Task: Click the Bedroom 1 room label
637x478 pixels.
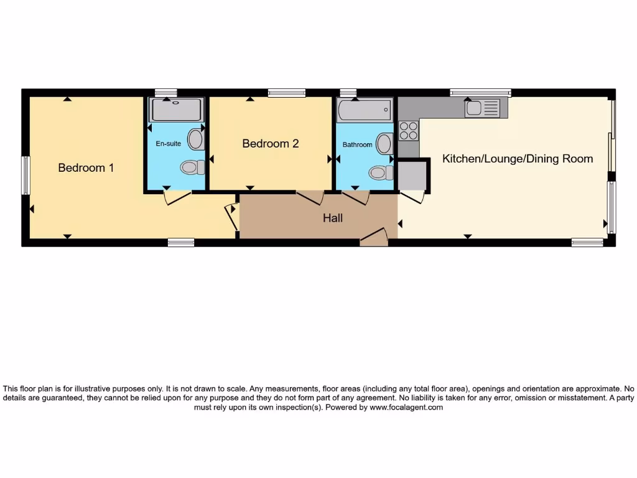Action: point(86,168)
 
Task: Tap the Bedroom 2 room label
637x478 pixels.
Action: point(270,144)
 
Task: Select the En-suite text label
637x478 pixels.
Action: point(168,144)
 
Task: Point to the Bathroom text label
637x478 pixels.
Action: point(357,145)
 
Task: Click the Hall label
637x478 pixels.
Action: point(332,218)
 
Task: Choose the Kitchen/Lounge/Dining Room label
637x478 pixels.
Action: point(517,159)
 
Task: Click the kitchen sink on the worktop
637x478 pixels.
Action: point(481,108)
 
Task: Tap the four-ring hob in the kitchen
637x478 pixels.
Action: point(408,131)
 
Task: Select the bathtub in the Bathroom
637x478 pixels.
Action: point(364,111)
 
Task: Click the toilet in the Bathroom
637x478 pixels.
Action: point(378,172)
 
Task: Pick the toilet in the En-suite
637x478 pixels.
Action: point(192,167)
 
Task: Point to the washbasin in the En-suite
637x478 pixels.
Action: point(196,139)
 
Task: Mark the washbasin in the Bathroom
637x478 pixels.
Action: point(384,144)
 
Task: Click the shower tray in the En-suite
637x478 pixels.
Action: point(177,110)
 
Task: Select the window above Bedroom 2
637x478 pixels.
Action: point(287,93)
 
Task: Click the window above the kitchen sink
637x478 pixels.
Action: point(480,93)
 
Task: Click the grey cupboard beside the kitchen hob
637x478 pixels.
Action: point(411,176)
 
